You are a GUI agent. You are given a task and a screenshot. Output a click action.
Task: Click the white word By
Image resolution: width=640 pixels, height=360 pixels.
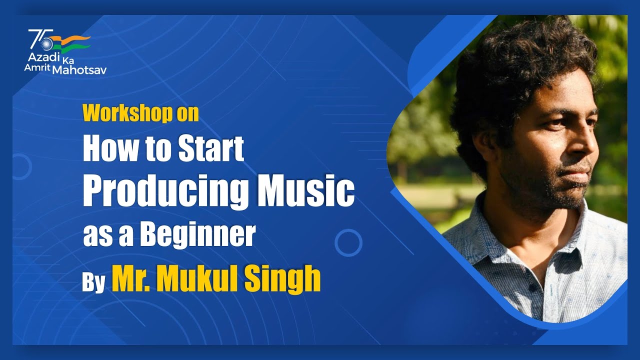tap(93, 282)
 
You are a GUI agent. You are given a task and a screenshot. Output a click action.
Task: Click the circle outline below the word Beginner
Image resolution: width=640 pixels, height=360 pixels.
tap(348, 243)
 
